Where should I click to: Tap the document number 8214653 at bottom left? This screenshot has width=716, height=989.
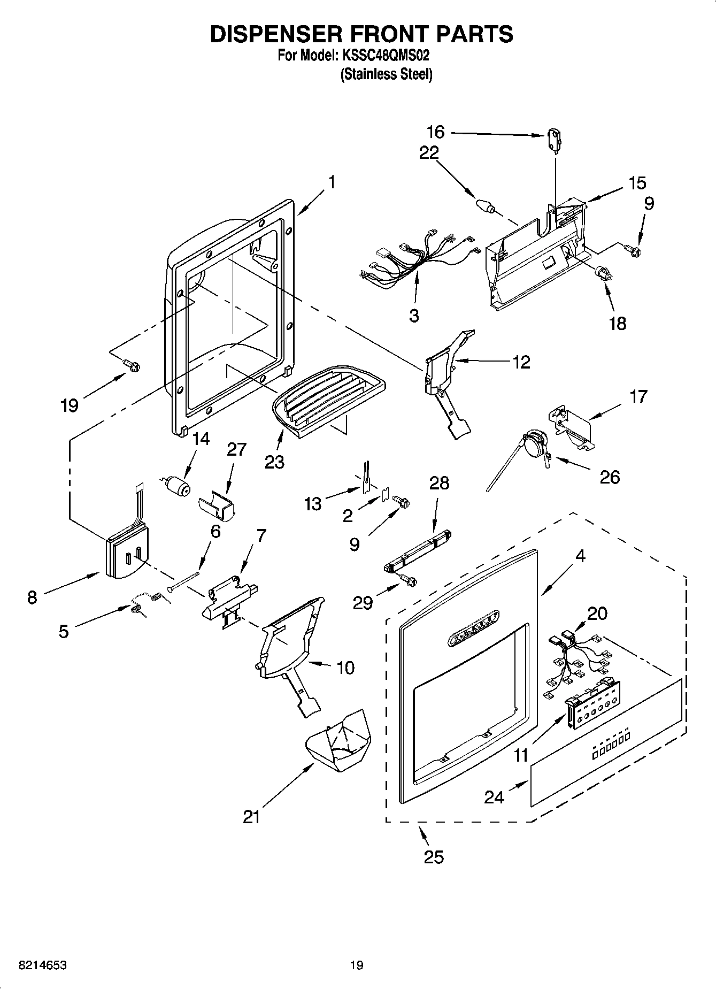(x=43, y=965)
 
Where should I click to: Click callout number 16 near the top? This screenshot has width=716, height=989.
(x=436, y=132)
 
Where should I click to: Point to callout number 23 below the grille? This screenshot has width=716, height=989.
(x=274, y=462)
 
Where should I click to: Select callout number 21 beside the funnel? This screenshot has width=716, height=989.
(x=251, y=817)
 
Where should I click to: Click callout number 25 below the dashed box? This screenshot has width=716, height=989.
(x=434, y=857)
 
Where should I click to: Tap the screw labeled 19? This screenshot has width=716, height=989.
(x=132, y=365)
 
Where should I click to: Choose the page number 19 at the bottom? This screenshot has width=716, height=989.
(x=357, y=965)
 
